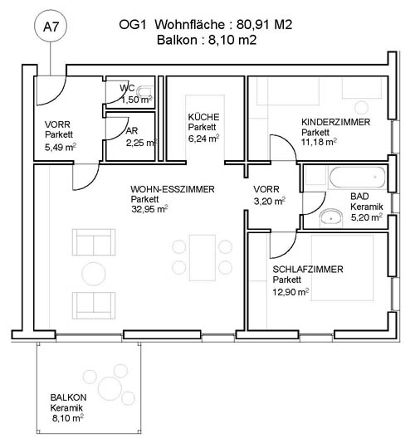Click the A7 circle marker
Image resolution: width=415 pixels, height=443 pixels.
[x=51, y=27]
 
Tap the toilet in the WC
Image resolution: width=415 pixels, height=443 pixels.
[x=145, y=92]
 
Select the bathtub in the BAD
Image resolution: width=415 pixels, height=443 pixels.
[x=358, y=178]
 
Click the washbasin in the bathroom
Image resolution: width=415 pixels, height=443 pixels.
[x=331, y=218]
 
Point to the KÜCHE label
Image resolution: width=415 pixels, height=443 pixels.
[x=203, y=117]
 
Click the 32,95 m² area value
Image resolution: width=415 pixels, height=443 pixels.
[x=149, y=209]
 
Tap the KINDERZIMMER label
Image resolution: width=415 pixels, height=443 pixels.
[x=335, y=122]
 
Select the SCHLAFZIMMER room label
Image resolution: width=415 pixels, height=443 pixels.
[x=308, y=270]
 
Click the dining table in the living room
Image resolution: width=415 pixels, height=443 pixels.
[x=203, y=258]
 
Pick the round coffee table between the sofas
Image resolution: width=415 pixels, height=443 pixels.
[x=94, y=274]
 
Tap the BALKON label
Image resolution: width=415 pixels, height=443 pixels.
[x=68, y=397]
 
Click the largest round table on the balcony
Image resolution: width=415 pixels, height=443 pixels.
[x=110, y=388]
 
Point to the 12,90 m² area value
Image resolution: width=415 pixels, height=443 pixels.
[x=290, y=292]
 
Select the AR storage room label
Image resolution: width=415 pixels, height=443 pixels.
[x=132, y=131]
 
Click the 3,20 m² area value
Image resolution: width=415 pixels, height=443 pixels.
[x=270, y=201]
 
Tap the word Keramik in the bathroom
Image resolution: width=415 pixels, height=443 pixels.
[x=367, y=207]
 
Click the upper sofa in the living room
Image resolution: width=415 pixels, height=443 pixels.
[x=94, y=242]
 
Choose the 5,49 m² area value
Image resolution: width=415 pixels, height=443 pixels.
[x=61, y=147]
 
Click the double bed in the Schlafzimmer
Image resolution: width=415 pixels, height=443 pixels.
[x=342, y=268]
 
